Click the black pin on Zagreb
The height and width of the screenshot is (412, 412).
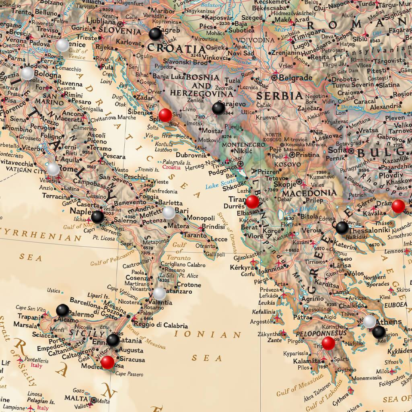155,34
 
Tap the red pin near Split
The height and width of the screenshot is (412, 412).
165,115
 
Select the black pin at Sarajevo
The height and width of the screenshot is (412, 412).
218,108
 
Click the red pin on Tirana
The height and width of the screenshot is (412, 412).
252,202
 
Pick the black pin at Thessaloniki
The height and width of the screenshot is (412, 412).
342,227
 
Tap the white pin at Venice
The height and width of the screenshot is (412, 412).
62,45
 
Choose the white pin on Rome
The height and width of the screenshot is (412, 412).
53,169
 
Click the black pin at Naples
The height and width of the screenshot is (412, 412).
97,217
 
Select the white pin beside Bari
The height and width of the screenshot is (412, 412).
169,212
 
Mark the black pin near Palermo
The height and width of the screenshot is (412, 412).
62,310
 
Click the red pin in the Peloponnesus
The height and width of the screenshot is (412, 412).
328,343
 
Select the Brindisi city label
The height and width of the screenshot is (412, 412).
213,227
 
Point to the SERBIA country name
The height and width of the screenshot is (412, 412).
279,96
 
